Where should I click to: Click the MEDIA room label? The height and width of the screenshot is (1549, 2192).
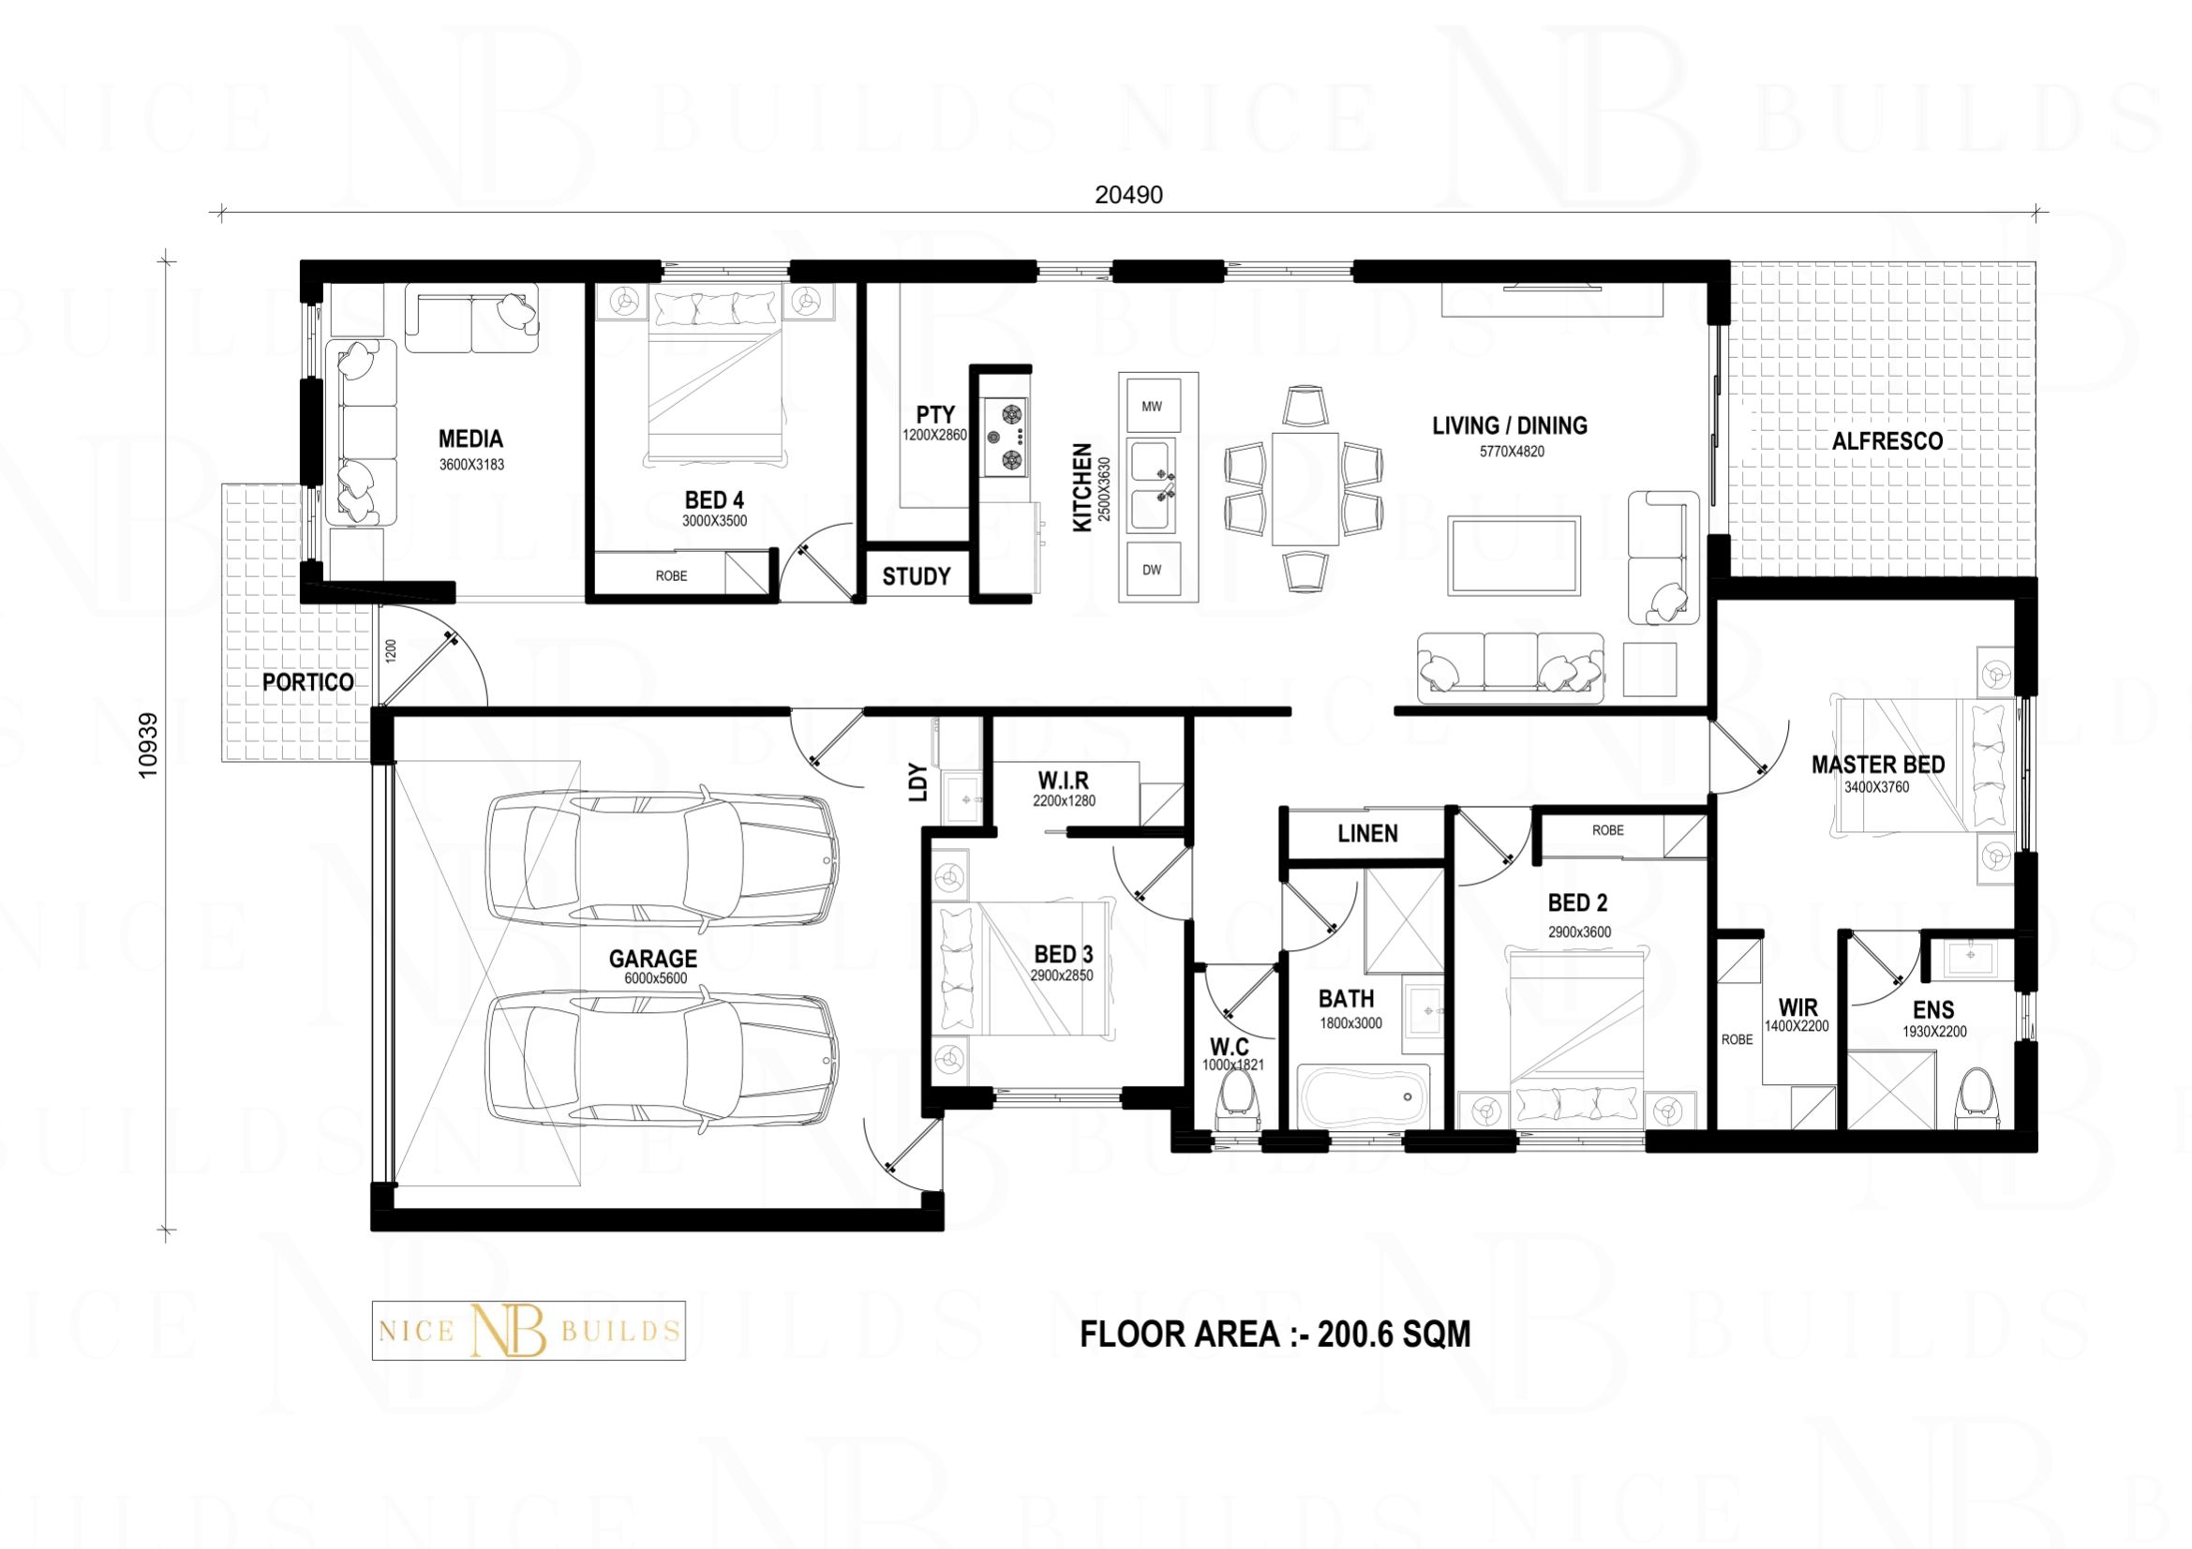tap(470, 439)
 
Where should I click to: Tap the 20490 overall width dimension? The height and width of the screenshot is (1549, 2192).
tap(1128, 195)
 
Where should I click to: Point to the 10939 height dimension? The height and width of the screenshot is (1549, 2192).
tap(147, 745)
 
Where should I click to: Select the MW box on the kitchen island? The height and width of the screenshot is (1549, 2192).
tap(1153, 407)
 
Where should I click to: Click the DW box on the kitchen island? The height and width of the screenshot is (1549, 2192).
tap(1153, 570)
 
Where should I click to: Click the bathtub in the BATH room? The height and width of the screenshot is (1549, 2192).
tap(1364, 1096)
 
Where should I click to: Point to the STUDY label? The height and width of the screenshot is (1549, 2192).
tap(917, 576)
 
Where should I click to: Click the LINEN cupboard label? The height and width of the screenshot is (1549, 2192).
tap(1367, 834)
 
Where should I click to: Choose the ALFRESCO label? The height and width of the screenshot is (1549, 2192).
tap(1887, 441)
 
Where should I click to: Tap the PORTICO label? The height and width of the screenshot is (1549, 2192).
tap(307, 682)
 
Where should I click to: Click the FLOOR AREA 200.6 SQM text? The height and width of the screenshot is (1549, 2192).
tap(1275, 1333)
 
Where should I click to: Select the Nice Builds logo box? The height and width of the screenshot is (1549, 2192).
tap(528, 1331)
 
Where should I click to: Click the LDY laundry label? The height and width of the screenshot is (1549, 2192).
tap(917, 782)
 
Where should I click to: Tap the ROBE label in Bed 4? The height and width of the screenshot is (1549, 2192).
tap(671, 575)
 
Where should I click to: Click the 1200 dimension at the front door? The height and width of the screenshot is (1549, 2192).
tap(390, 653)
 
